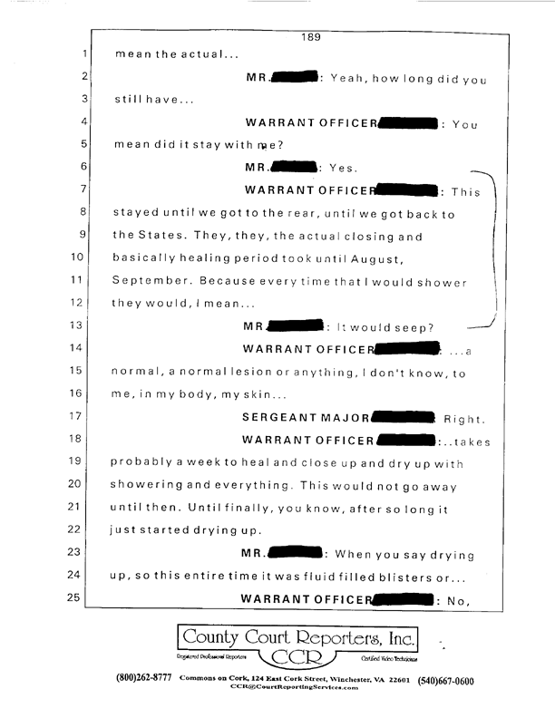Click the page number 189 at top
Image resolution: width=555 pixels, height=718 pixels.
coord(312,37)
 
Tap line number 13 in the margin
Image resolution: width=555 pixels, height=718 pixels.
coord(75,325)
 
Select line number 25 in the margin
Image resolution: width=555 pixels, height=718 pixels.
coord(75,597)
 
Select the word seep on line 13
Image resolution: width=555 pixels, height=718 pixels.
coord(414,325)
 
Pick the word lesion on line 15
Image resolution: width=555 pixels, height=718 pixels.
coord(261,372)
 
